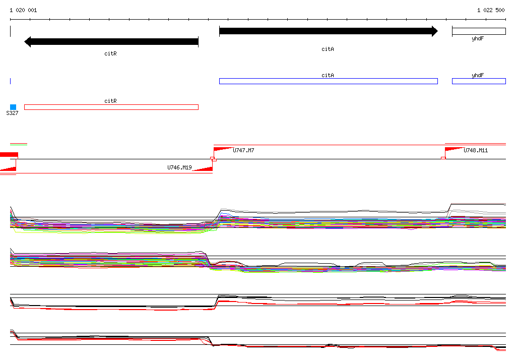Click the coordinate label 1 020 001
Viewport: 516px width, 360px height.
point(23,10)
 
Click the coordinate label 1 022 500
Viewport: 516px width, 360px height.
point(491,10)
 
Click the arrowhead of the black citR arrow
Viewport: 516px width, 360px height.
point(28,42)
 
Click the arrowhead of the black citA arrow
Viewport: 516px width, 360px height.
point(435,31)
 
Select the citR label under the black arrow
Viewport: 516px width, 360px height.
point(110,53)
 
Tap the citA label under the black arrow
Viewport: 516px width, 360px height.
point(328,49)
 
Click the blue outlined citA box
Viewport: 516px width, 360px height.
point(329,81)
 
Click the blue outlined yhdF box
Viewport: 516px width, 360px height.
point(479,81)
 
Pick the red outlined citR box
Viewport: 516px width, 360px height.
point(111,107)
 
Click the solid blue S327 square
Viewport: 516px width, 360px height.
point(13,107)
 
